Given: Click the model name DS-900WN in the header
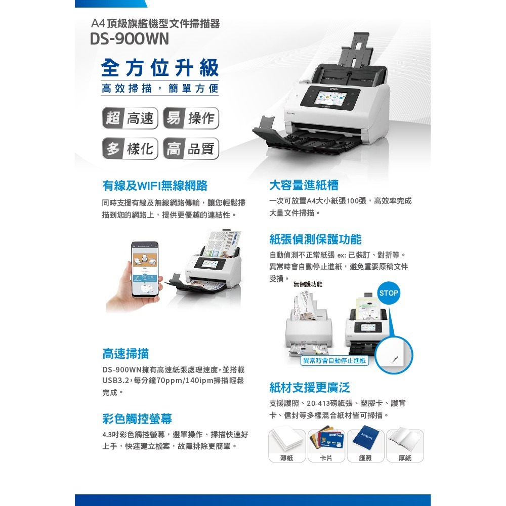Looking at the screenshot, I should pyautogui.click(x=130, y=39).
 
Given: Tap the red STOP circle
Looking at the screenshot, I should pyautogui.click(x=389, y=293).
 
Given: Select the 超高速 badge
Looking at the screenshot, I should pyautogui.click(x=130, y=118).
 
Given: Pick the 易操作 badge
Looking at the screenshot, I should pyautogui.click(x=191, y=118).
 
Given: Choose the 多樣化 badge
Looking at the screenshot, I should pyautogui.click(x=130, y=149).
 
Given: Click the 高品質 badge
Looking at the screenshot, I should pyautogui.click(x=191, y=149).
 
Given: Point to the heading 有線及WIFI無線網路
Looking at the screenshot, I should pyautogui.click(x=154, y=186).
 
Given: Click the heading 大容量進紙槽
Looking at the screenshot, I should pyautogui.click(x=304, y=185).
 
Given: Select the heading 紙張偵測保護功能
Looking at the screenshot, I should pyautogui.click(x=315, y=239).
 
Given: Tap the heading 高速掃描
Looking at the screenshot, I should pyautogui.click(x=125, y=353).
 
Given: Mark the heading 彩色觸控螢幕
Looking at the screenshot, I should pyautogui.click(x=137, y=418).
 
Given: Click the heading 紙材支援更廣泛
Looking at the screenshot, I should pyautogui.click(x=310, y=388).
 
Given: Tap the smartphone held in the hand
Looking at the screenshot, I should pyautogui.click(x=144, y=269).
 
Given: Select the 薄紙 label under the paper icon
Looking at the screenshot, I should pyautogui.click(x=286, y=457).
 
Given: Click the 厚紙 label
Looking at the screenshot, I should pyautogui.click(x=405, y=457).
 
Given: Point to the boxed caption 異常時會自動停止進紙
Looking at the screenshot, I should pyautogui.click(x=334, y=361).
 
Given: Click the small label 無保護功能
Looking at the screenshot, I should pyautogui.click(x=308, y=285).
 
